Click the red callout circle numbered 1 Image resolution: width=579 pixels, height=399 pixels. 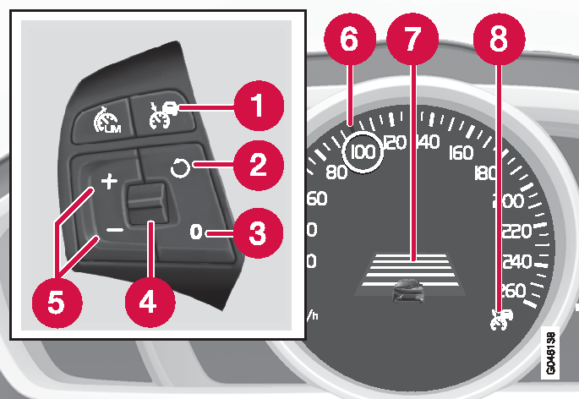coord(258,106)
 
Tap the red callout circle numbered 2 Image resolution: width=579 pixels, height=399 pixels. coord(258,165)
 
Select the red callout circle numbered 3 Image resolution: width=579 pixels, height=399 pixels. coord(258,233)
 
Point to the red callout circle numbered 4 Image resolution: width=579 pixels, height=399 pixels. coord(150,303)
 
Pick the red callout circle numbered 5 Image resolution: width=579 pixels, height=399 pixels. coord(57,303)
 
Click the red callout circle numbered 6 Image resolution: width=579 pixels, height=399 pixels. coord(349,39)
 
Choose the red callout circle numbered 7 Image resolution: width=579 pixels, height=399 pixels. coord(412,39)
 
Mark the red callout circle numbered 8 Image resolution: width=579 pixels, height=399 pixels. coord(499,39)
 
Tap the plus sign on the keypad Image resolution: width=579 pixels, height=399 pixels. coord(109,182)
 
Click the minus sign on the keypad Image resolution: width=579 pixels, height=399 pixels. coord(114,230)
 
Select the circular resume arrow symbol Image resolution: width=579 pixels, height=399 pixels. coord(180,168)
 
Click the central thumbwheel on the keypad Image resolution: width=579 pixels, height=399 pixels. coord(146,203)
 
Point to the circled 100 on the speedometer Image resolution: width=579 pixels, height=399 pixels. coord(363,151)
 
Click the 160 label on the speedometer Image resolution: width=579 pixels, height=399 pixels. coord(461,152)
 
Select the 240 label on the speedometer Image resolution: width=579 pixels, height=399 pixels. coord(517,261)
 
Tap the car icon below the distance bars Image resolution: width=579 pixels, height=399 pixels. coord(408,291)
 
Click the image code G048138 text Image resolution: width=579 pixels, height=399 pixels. coord(549,353)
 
